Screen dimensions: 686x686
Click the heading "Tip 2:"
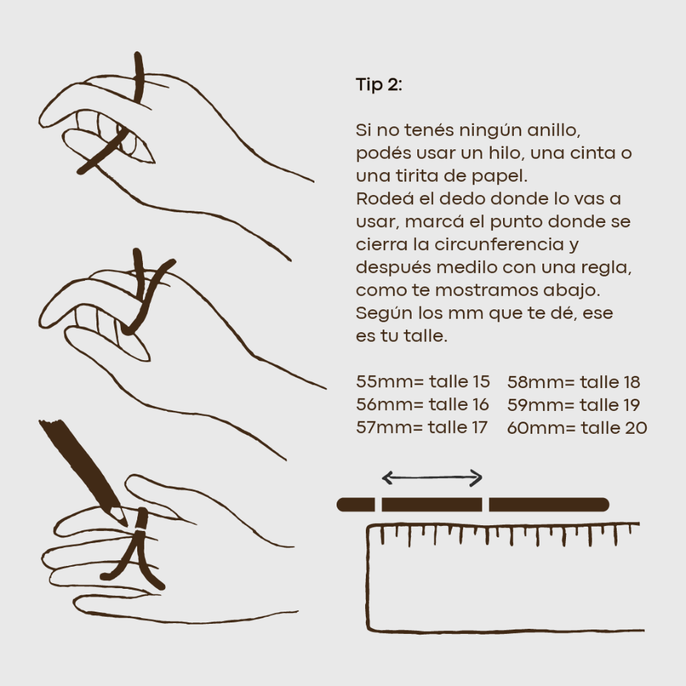click(x=379, y=84)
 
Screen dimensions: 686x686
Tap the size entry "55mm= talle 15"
click(x=422, y=382)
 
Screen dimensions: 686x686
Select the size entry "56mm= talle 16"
click(x=422, y=404)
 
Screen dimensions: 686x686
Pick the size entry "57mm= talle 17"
click(x=422, y=427)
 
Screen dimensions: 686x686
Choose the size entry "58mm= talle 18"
click(x=574, y=382)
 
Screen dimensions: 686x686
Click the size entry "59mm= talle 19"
click(x=574, y=405)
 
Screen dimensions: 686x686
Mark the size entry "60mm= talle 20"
click(x=577, y=428)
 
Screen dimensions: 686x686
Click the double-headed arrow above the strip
click(x=432, y=478)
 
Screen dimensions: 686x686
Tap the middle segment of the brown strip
click(x=432, y=504)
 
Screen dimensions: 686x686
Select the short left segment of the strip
click(x=356, y=504)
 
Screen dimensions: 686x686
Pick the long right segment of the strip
click(x=549, y=504)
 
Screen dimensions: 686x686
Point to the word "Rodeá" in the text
click(x=380, y=199)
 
